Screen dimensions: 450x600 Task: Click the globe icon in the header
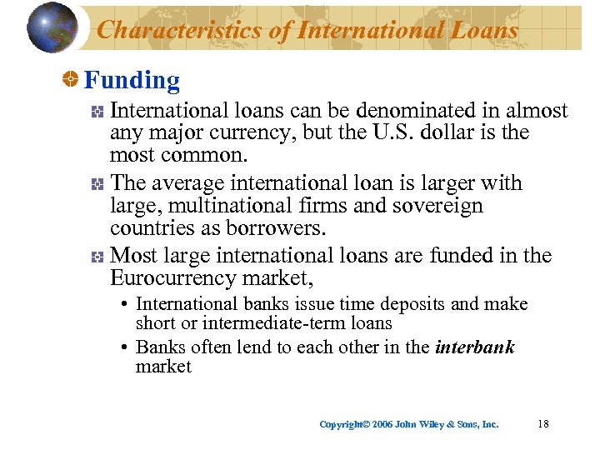tap(52, 27)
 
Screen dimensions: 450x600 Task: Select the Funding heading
tap(132, 81)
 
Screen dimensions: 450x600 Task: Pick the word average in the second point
tap(190, 183)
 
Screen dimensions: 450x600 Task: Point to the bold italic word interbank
tap(475, 347)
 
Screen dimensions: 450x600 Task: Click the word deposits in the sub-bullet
tap(414, 304)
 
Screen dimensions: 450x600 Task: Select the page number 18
tap(543, 423)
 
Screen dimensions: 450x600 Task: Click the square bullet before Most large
tap(97, 256)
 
